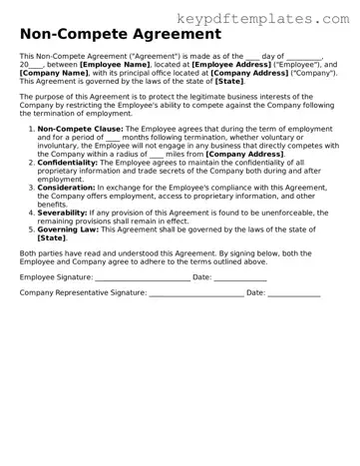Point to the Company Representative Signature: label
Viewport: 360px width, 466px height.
(x=83, y=292)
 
